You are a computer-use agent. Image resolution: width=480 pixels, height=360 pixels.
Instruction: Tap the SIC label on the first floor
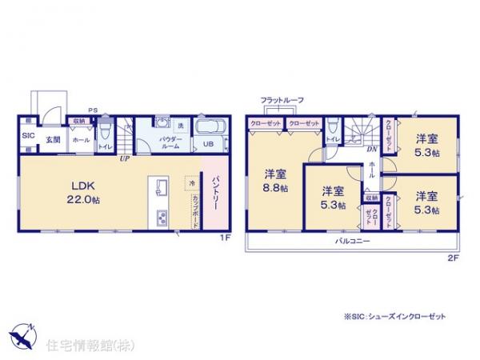(26, 136)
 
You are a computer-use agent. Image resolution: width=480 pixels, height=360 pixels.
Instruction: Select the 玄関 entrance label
(52, 140)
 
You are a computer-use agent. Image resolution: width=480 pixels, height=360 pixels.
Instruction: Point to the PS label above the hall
(92, 111)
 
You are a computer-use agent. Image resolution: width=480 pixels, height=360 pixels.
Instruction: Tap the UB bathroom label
(207, 145)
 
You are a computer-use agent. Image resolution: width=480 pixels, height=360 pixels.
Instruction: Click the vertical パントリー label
(215, 194)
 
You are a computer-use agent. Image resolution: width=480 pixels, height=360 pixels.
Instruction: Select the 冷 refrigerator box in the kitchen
(192, 182)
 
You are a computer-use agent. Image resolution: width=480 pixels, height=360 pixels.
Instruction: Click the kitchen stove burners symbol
(160, 216)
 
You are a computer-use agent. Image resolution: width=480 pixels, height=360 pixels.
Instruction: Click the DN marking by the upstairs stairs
(372, 149)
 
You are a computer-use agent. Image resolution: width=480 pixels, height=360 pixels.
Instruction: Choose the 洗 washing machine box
(181, 129)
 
